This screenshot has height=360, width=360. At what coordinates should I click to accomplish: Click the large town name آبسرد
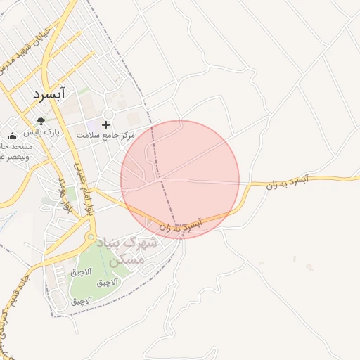pos(49,93)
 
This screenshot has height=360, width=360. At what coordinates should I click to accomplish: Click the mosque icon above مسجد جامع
pos(12,136)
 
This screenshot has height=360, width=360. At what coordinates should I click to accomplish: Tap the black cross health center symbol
pos(105,124)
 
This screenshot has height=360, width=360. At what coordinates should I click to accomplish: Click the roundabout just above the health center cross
pos(108,113)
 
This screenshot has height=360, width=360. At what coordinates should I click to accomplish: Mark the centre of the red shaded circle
pos(180,179)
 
